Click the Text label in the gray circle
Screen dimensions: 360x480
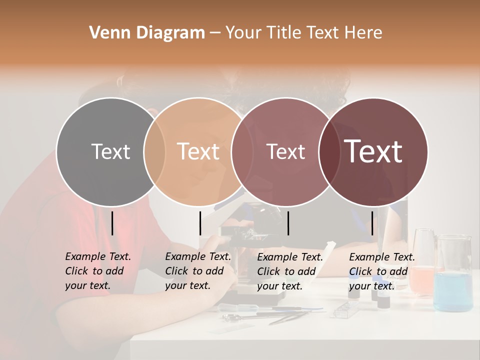[x=110, y=151]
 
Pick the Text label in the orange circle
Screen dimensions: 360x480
[x=198, y=151]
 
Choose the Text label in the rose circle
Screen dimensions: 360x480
[x=285, y=151]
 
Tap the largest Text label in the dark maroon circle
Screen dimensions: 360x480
[x=373, y=151]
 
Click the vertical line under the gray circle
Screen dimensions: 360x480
[x=112, y=223]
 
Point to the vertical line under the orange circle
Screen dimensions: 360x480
[x=200, y=223]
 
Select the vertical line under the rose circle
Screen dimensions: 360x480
[x=288, y=223]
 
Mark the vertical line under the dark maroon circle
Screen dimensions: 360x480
[x=372, y=223]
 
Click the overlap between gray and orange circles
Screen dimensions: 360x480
[x=154, y=152]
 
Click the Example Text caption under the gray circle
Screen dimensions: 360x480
[x=97, y=271]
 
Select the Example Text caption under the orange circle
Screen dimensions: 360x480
[x=197, y=271]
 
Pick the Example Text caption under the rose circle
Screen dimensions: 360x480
[x=289, y=271]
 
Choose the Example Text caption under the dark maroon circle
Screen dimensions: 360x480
[x=381, y=271]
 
